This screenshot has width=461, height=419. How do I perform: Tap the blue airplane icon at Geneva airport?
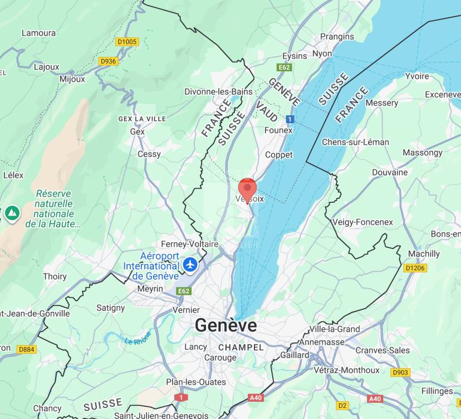pyautogui.click(x=190, y=264)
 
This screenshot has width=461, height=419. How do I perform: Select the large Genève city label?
pyautogui.click(x=226, y=325)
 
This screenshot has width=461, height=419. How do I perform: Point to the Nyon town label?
pyautogui.click(x=322, y=53)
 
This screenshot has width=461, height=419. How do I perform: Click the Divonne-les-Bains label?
pyautogui.click(x=218, y=91)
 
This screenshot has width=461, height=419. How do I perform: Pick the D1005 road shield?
pyautogui.click(x=127, y=41)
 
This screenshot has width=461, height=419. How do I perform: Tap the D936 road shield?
pyautogui.click(x=108, y=61)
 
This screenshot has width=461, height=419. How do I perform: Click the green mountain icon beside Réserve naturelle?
pyautogui.click(x=12, y=212)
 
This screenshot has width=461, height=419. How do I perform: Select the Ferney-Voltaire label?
pyautogui.click(x=190, y=244)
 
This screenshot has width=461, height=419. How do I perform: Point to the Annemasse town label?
pyautogui.click(x=322, y=342)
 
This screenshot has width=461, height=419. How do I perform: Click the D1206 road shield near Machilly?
pyautogui.click(x=415, y=268)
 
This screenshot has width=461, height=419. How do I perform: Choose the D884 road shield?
pyautogui.click(x=26, y=349)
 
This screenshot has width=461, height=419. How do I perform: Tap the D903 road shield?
pyautogui.click(x=400, y=372)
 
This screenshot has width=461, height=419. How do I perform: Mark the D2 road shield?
pyautogui.click(x=342, y=405)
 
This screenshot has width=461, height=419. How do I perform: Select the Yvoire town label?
pyautogui.click(x=416, y=76)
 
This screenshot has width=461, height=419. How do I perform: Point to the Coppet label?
pyautogui.click(x=279, y=154)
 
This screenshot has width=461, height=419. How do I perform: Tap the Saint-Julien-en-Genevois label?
pyautogui.click(x=161, y=415)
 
